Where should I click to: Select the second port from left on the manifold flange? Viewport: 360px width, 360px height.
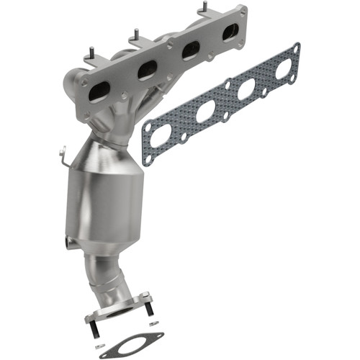[x=147, y=69]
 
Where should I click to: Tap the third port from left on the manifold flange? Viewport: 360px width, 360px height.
[x=190, y=50]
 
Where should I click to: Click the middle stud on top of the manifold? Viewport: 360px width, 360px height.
[x=134, y=33]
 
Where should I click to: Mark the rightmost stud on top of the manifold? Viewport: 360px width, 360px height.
[x=203, y=7]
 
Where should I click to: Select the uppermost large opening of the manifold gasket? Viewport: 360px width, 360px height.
[x=282, y=68]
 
